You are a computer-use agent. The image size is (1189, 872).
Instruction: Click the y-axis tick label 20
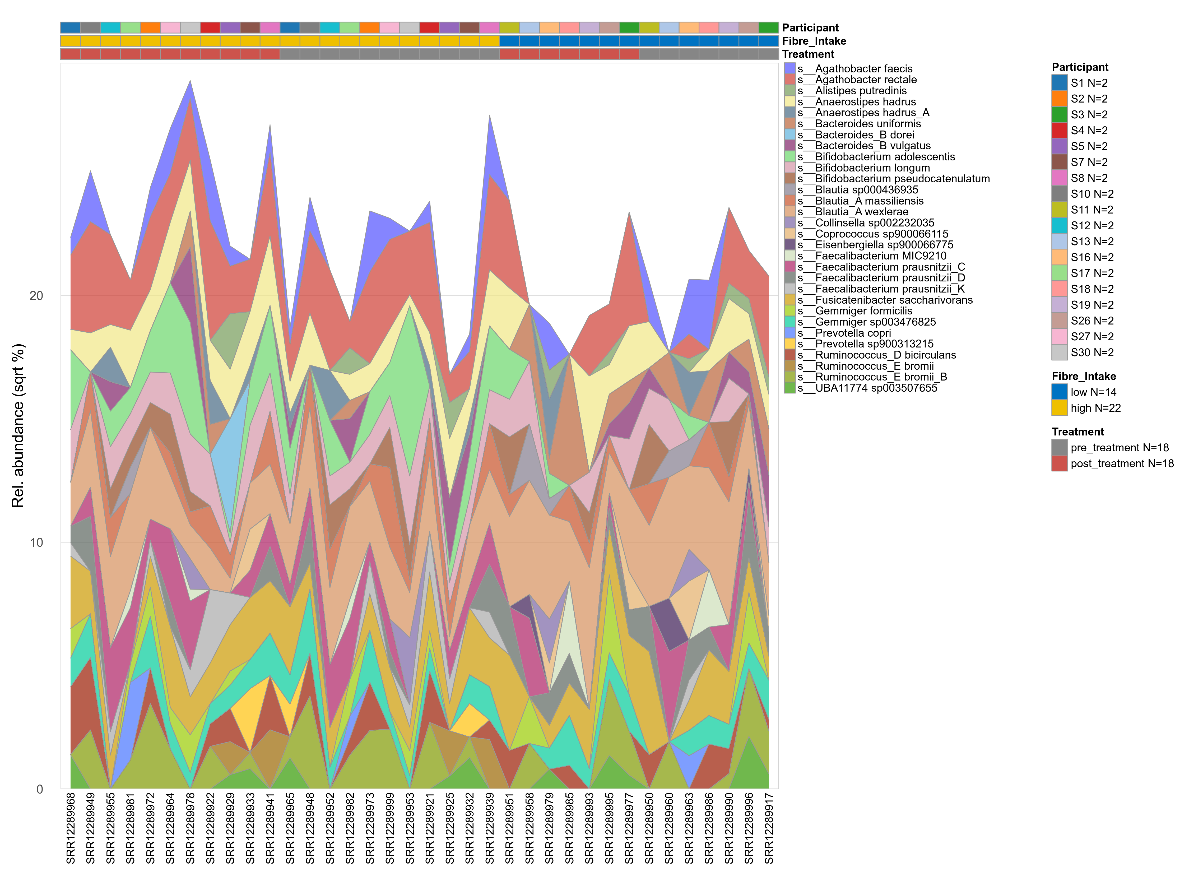[36, 296]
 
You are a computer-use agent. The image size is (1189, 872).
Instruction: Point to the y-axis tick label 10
[36, 543]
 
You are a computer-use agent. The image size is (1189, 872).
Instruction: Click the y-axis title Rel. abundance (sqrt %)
[18, 425]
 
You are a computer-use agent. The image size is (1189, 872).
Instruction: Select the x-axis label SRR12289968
[71, 828]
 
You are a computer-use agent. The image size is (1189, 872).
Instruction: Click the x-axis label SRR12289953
[410, 828]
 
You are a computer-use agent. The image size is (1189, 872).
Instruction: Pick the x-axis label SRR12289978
[191, 828]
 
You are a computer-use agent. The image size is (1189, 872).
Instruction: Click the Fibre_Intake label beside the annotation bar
[814, 41]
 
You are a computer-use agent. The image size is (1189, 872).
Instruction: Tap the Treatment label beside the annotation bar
[808, 54]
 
